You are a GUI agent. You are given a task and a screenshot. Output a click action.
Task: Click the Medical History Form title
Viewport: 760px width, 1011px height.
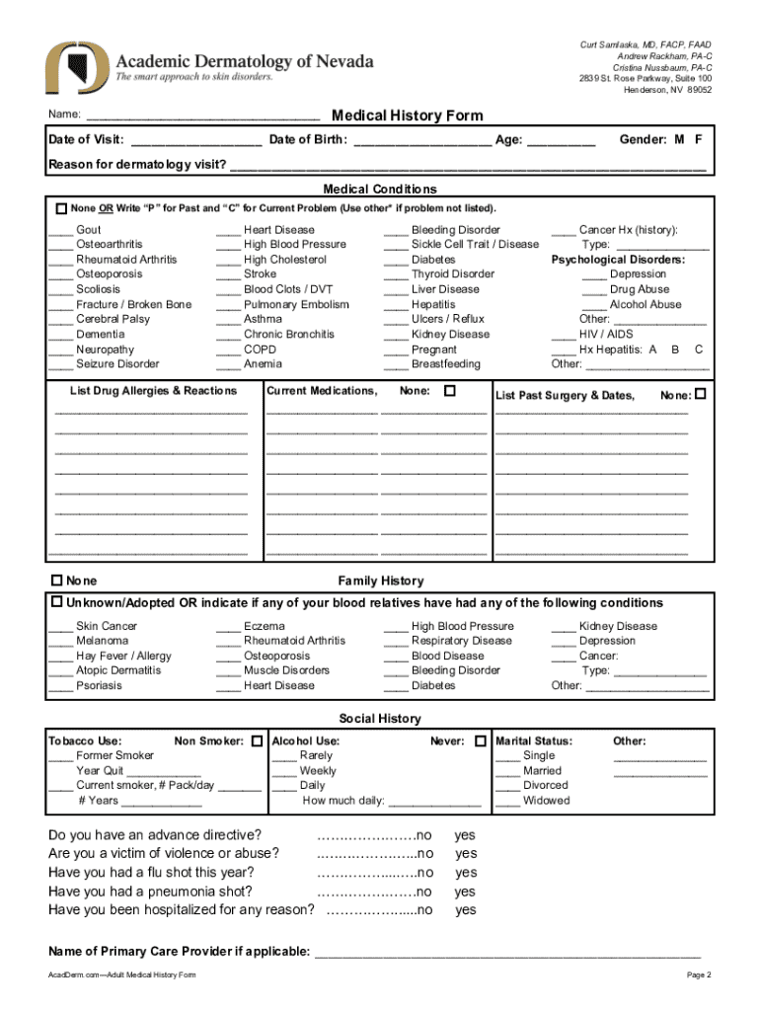408,116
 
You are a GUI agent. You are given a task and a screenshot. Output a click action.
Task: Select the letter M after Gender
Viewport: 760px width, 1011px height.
680,140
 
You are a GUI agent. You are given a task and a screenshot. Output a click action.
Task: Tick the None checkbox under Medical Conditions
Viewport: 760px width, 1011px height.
61,209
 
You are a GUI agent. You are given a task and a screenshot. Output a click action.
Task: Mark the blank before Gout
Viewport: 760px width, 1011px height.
60,230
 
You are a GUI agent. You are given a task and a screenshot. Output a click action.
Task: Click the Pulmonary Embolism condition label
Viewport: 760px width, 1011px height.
296,305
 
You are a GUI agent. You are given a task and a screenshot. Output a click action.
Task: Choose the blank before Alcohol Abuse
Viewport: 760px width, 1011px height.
594,305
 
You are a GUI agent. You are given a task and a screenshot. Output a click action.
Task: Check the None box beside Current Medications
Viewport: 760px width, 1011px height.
450,391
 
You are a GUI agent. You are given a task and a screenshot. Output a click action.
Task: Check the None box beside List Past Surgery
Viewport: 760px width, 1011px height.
701,395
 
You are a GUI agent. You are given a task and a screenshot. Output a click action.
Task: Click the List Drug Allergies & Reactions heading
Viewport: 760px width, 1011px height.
153,392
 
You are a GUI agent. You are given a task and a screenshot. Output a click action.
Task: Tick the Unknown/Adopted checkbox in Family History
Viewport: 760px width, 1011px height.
57,602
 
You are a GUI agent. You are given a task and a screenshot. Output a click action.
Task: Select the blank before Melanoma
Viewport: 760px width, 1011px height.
60,641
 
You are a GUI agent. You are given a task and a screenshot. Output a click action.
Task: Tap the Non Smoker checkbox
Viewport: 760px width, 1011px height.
258,740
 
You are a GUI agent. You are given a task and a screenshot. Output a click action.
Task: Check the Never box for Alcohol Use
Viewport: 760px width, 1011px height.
480,740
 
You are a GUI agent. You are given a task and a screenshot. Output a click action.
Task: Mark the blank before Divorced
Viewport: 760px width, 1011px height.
508,786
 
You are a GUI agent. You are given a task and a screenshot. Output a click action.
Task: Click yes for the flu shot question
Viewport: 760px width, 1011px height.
465,873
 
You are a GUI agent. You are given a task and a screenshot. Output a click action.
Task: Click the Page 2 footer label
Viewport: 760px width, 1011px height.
699,975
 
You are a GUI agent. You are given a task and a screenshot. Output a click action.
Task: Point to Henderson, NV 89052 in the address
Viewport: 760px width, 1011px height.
667,90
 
